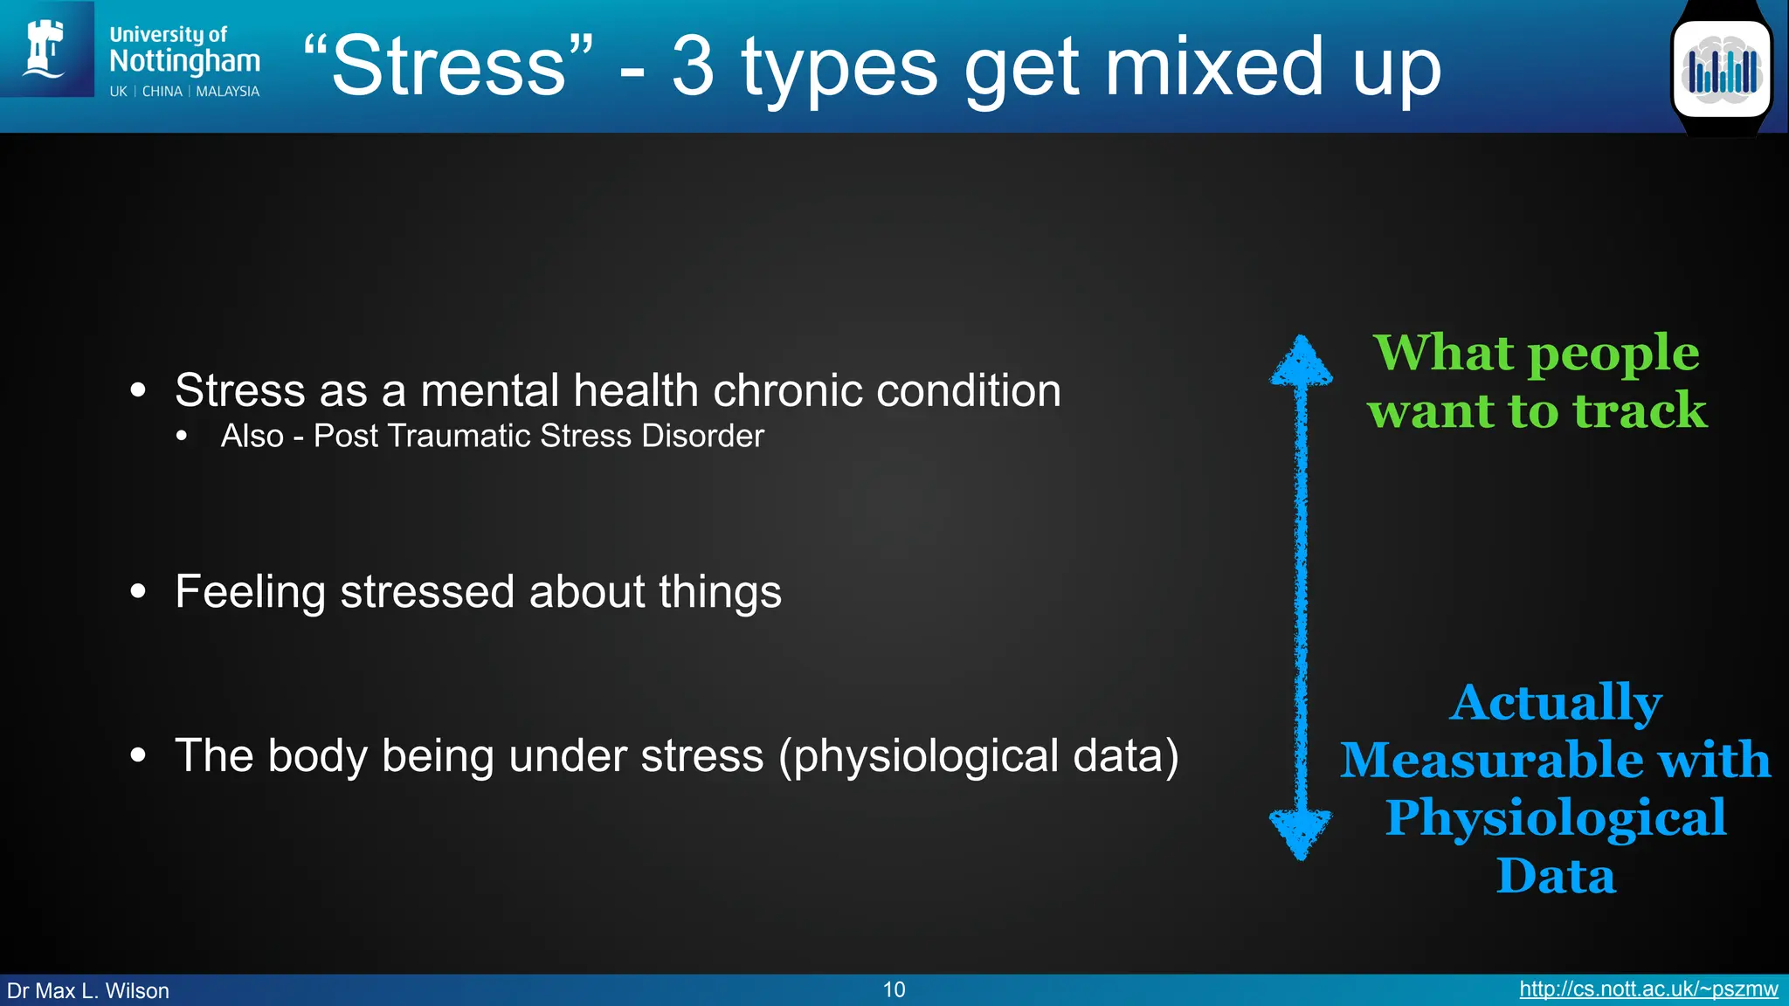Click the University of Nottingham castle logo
coord(45,49)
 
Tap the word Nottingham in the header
coord(184,61)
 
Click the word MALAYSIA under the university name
coord(227,92)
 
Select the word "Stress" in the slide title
coord(449,66)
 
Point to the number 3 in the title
coord(693,66)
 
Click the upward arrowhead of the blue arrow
coord(1301,361)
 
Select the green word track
coord(1640,410)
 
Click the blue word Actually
coord(1555,702)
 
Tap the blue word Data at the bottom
coord(1555,876)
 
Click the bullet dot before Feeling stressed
coord(138,592)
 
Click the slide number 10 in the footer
coord(894,989)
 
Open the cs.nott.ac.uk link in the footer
coord(1647,989)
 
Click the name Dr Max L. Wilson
coord(88,991)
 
